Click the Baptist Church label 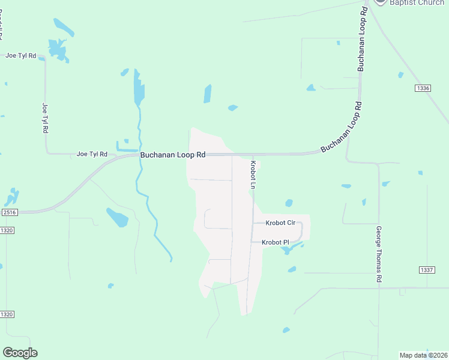click(417, 3)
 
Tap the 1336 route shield click(423, 88)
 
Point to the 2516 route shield click(9, 212)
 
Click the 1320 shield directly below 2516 click(7, 230)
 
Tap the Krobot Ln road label click(253, 175)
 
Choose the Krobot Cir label click(281, 223)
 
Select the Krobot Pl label click(276, 242)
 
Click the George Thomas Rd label click(379, 254)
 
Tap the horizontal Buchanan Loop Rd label click(173, 155)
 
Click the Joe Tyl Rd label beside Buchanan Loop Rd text click(92, 154)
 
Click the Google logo click(20, 353)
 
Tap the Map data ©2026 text click(424, 355)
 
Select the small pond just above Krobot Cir click(289, 203)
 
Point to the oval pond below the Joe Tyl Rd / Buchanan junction click(117, 217)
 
